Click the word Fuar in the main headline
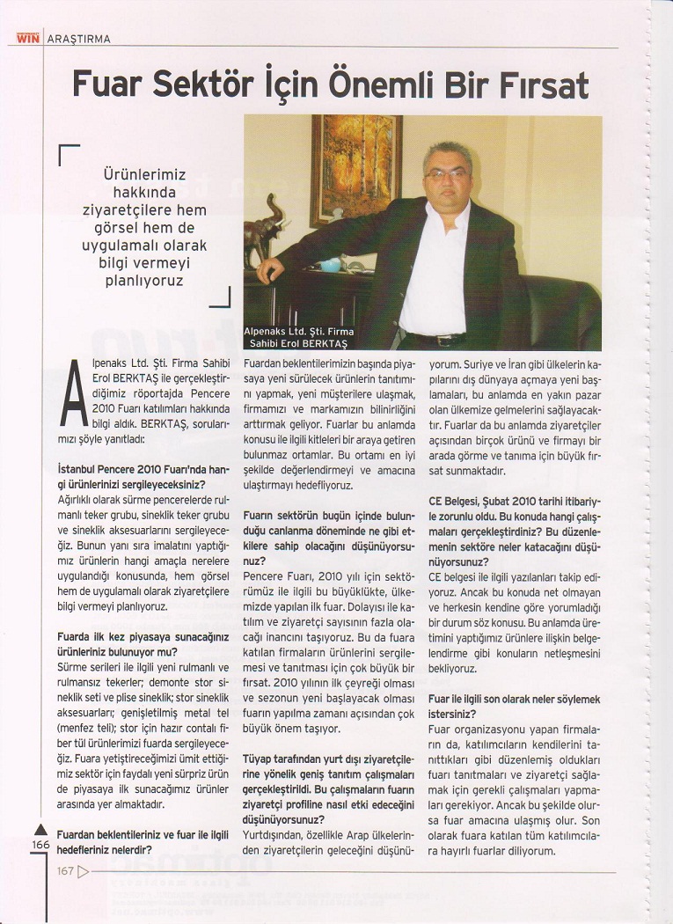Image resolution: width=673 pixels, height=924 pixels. (x=112, y=84)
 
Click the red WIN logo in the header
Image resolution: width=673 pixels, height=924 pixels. (x=27, y=39)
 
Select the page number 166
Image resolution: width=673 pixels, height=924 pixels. (x=40, y=844)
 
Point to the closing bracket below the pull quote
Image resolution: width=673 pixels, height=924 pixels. (x=221, y=299)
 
